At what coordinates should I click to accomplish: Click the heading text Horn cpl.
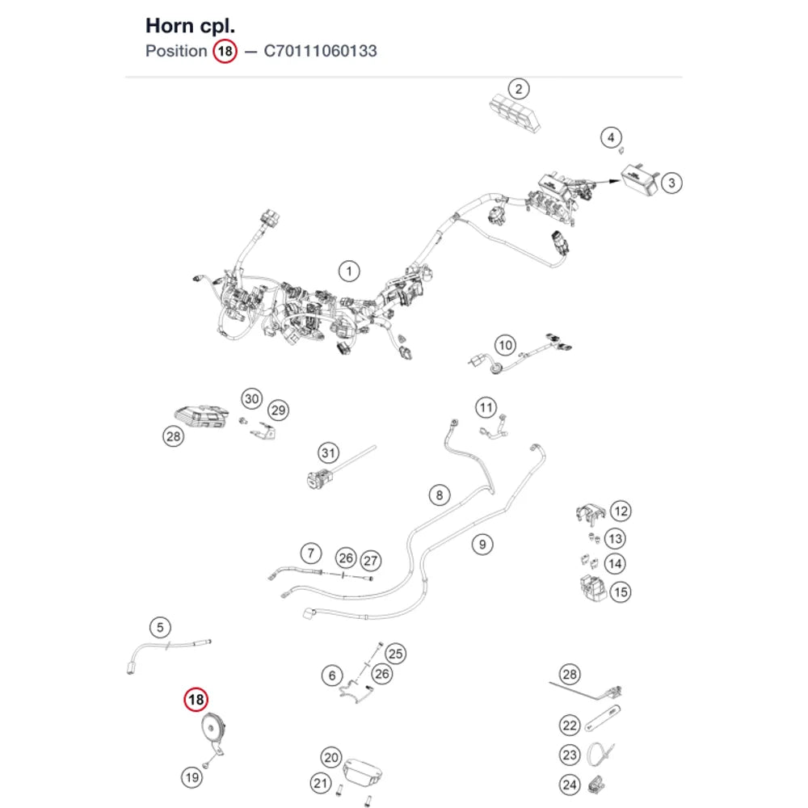point(190,26)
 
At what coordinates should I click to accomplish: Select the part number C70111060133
point(320,51)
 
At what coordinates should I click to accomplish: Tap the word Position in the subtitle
point(176,51)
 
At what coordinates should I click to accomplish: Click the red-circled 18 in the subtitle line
point(225,52)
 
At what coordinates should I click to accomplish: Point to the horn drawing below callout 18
point(213,734)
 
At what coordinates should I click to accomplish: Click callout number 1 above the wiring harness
point(349,271)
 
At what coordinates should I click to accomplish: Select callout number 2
point(519,89)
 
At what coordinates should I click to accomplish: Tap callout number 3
point(671,183)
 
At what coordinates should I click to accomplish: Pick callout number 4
point(611,137)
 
